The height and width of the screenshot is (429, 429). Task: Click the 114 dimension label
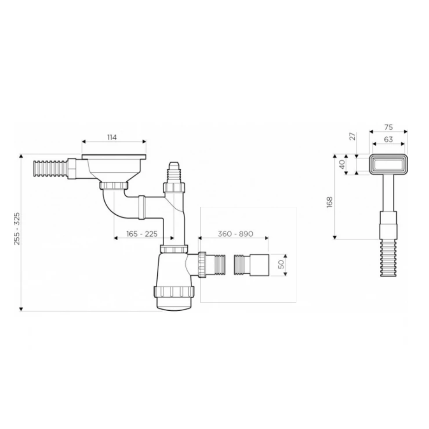[x=112, y=137]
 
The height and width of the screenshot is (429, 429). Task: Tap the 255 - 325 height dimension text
[x=17, y=229]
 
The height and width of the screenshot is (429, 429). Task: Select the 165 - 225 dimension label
[x=142, y=234]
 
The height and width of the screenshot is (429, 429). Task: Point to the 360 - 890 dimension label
[x=235, y=234]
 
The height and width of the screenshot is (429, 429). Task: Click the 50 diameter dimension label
[x=281, y=264]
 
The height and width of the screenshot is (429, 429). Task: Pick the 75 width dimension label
[x=388, y=127]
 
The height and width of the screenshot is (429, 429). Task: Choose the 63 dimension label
[x=388, y=140]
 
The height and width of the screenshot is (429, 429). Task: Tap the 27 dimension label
[x=353, y=136]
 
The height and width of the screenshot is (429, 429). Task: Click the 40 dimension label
[x=342, y=165]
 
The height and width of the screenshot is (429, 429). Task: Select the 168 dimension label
[x=329, y=203]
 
